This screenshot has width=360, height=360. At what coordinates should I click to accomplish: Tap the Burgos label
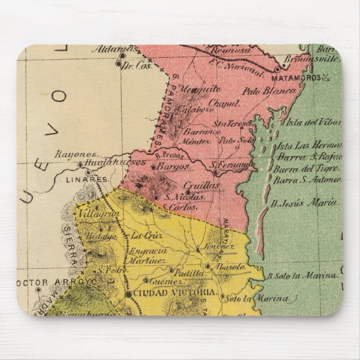(172, 167)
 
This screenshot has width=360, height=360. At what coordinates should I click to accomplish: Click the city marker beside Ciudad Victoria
(128, 293)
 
